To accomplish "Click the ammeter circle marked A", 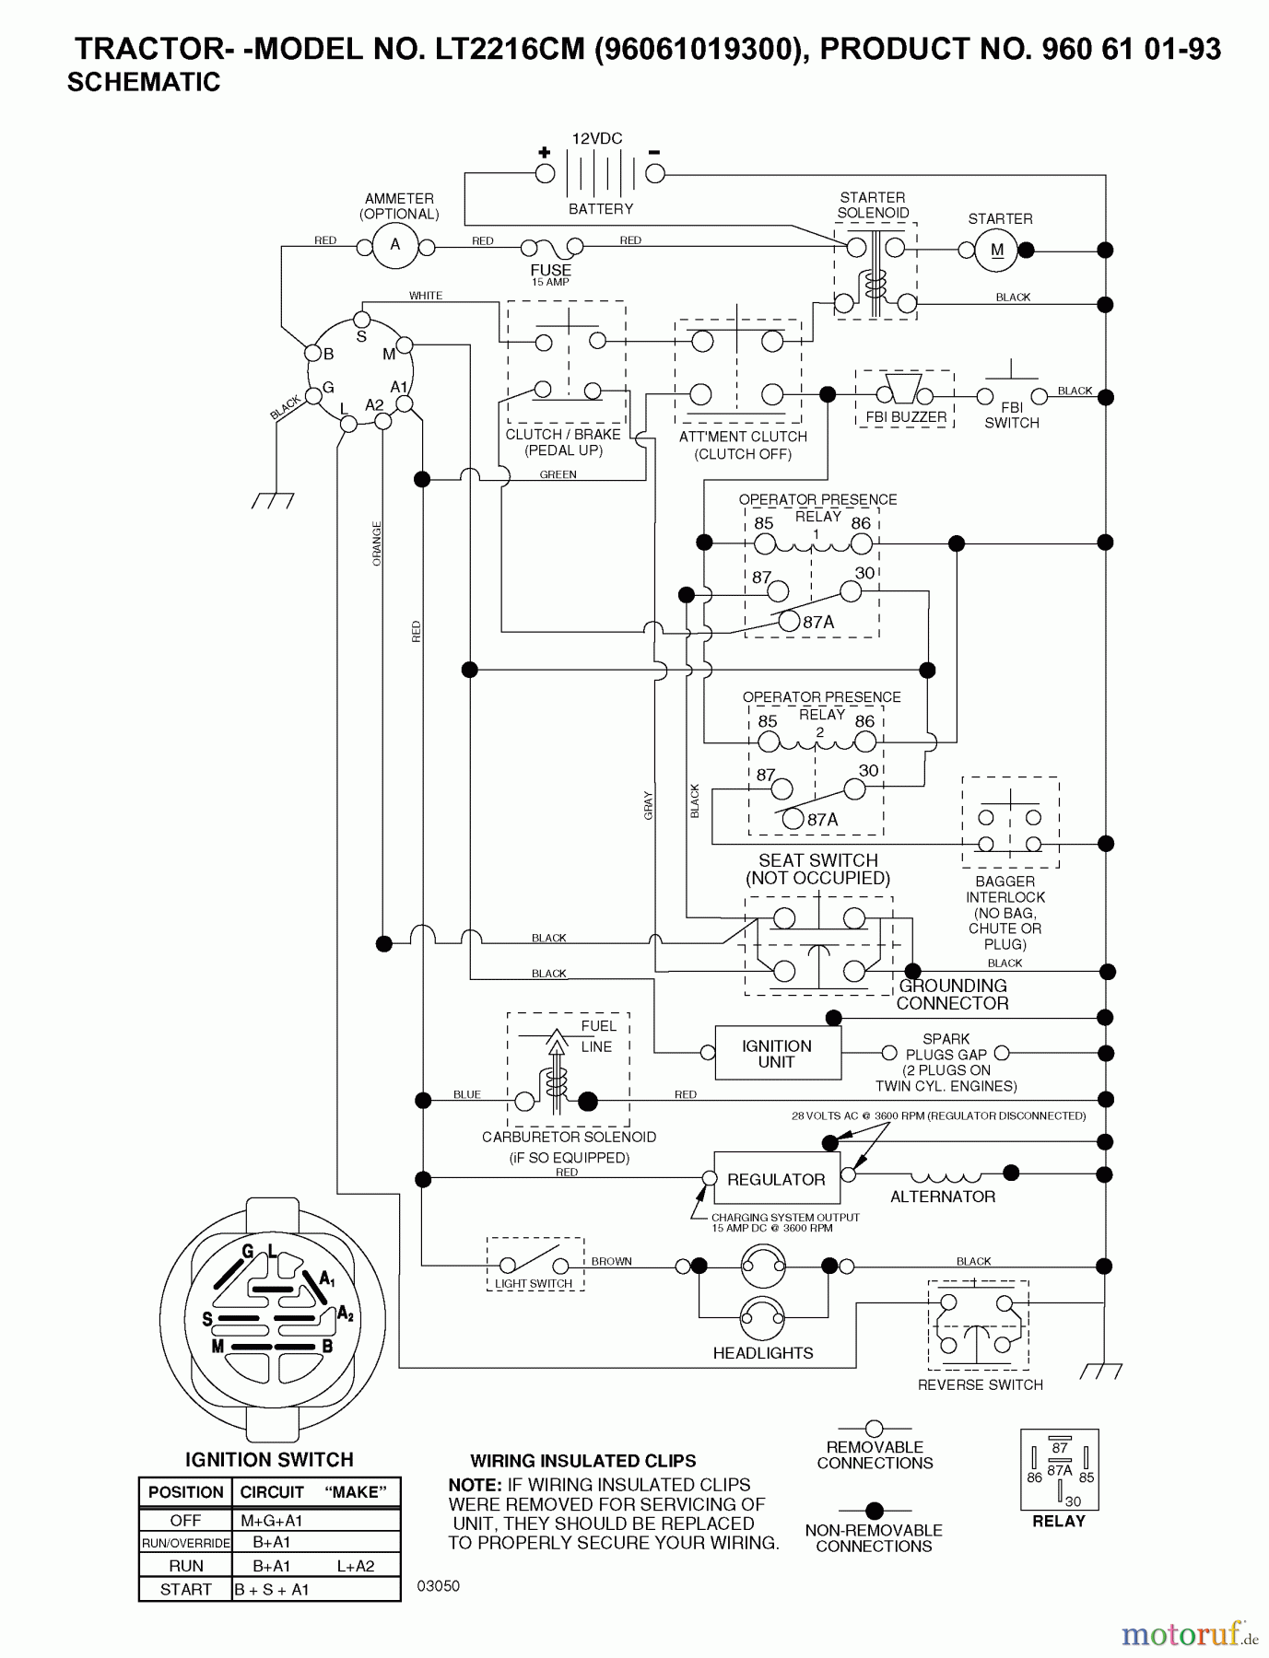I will tap(395, 245).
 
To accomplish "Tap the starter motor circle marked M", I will tap(997, 251).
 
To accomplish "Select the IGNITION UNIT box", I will tap(777, 1054).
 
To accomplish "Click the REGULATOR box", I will tap(776, 1179).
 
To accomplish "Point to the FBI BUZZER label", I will tap(906, 417).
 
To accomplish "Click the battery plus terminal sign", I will tap(545, 152).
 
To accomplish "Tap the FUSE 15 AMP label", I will tap(550, 274).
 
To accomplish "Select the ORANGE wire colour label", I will tap(377, 543).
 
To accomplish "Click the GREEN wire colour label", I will tap(558, 475).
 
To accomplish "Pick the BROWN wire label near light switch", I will tap(611, 1261).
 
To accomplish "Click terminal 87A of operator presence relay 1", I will tap(789, 622).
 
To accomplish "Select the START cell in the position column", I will tap(185, 1589).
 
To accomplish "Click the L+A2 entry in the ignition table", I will tap(356, 1565).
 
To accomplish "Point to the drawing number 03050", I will tap(438, 1586).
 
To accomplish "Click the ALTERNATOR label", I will tap(942, 1197).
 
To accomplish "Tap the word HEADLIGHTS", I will tap(763, 1353).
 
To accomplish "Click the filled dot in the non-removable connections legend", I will tap(874, 1511).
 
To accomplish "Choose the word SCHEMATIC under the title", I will tap(144, 82).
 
